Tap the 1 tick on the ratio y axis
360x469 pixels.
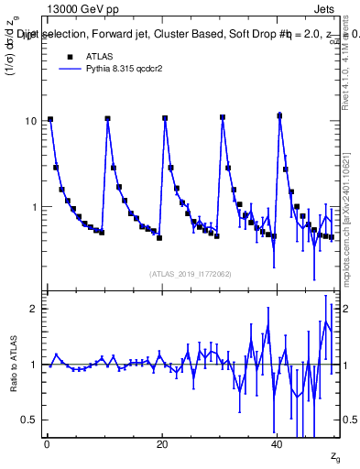[x=34, y=365]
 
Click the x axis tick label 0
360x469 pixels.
[x=47, y=443]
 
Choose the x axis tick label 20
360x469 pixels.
[x=161, y=443]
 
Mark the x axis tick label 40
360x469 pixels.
[x=277, y=443]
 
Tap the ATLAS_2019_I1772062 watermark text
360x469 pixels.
[x=191, y=272]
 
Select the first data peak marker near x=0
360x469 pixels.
[x=50, y=119]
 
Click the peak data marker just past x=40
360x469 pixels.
[x=280, y=115]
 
